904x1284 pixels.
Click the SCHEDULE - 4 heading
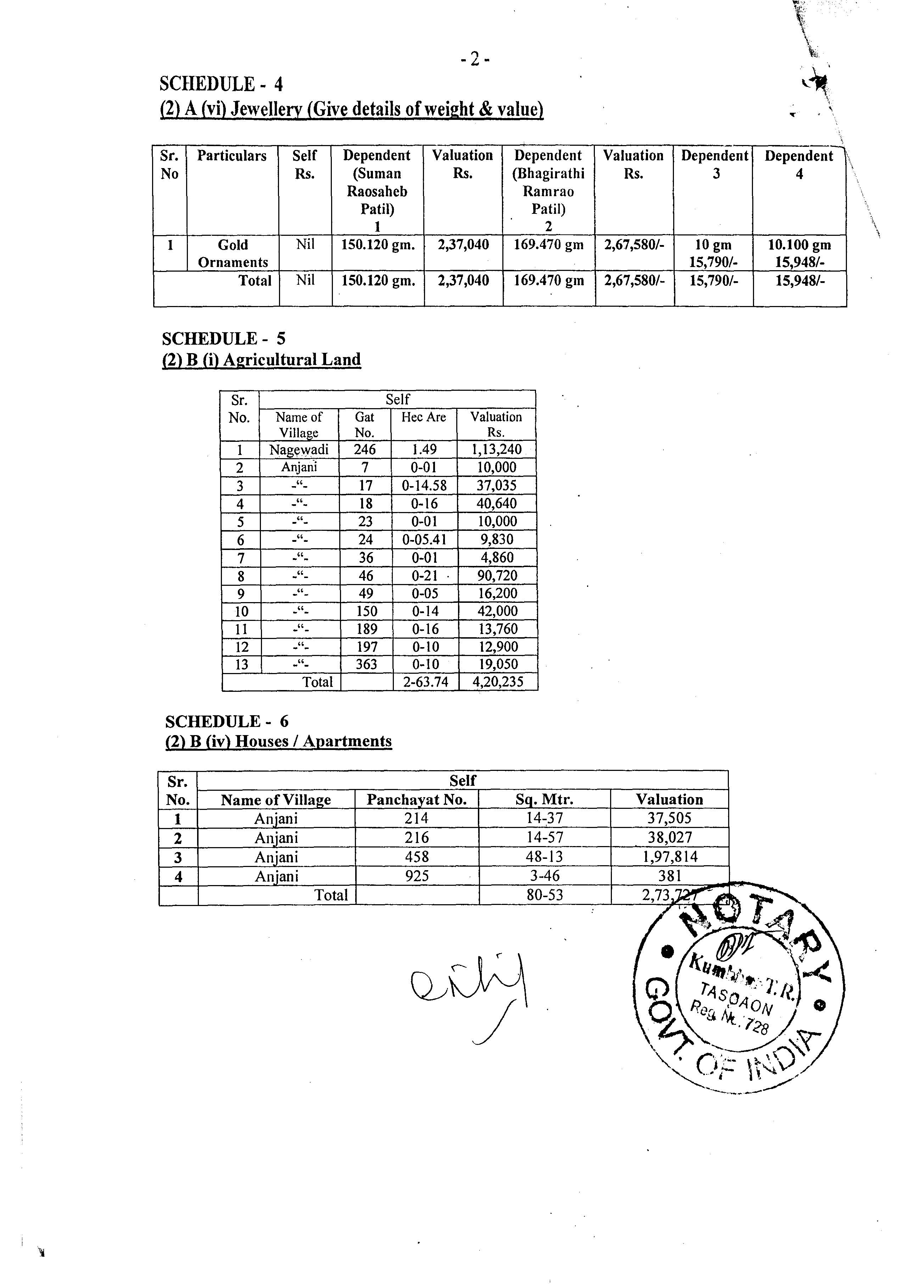(221, 84)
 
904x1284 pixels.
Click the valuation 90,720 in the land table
(497, 576)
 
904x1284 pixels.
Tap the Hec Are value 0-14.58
(424, 485)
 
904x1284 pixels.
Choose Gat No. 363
(366, 665)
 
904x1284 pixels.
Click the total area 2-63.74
(425, 682)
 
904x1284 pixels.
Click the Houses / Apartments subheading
(279, 741)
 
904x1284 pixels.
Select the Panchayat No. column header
(417, 800)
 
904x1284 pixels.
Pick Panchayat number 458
(417, 857)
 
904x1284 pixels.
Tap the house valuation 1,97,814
(670, 857)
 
